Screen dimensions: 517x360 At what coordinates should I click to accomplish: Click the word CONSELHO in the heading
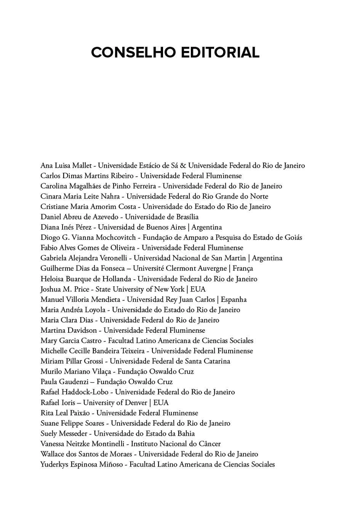(x=129, y=53)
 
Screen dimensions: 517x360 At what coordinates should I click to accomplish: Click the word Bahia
(x=185, y=433)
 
